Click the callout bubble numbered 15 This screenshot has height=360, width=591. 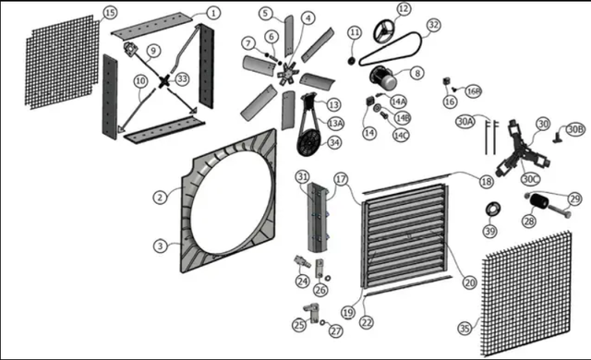[x=110, y=13]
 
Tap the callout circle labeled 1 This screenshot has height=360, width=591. [x=213, y=13]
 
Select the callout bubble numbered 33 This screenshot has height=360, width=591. [x=183, y=79]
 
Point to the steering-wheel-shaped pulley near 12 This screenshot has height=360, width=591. [x=384, y=31]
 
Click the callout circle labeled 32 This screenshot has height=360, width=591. [x=434, y=25]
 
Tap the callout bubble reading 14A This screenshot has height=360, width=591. [x=399, y=102]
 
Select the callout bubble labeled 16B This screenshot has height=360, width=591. [x=473, y=91]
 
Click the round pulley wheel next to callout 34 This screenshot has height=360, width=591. [x=308, y=143]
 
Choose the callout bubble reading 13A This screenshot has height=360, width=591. [x=335, y=123]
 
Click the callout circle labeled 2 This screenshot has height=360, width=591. [x=160, y=197]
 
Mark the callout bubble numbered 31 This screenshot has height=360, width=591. [x=302, y=176]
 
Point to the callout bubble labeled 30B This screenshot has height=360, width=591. [x=575, y=129]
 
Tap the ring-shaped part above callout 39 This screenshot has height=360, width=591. [x=492, y=209]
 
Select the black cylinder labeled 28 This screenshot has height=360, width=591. [x=539, y=201]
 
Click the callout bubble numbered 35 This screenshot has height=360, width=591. [x=465, y=329]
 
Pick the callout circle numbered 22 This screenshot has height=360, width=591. [x=367, y=322]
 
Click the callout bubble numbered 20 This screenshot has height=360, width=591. [x=469, y=282]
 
